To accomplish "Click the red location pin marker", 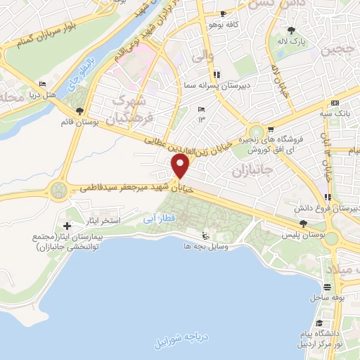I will tap(181, 167).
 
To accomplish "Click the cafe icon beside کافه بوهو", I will tap(223, 14).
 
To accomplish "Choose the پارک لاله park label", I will tap(292, 42).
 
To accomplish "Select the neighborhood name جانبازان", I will tap(251, 172).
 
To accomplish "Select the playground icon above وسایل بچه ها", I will tap(204, 236).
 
